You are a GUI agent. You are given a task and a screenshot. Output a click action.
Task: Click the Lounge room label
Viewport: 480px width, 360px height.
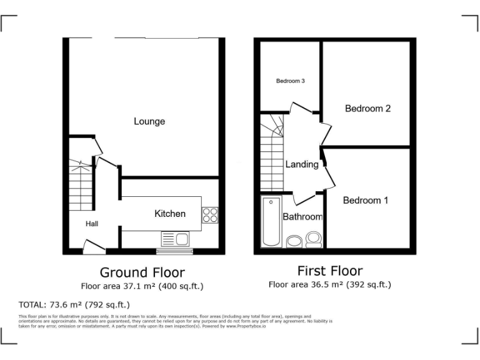pyautogui.click(x=149, y=121)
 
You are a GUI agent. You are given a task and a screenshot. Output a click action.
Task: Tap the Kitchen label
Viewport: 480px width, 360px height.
pyautogui.click(x=170, y=214)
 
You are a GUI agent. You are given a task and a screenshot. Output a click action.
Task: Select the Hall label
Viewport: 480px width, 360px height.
pyautogui.click(x=92, y=224)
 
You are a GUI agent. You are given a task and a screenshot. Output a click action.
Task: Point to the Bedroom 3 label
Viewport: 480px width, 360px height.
pyautogui.click(x=291, y=81)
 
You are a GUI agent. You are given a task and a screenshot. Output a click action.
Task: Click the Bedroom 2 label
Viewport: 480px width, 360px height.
pyautogui.click(x=368, y=109)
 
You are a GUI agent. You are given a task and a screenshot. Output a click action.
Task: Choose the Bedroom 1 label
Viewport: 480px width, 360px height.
pyautogui.click(x=366, y=201)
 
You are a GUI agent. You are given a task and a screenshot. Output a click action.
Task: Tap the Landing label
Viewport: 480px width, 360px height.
pyautogui.click(x=302, y=165)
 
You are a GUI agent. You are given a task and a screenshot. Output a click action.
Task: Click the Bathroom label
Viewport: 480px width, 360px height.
pyautogui.click(x=302, y=217)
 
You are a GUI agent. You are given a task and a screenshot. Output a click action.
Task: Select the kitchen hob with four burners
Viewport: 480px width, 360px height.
pyautogui.click(x=210, y=215)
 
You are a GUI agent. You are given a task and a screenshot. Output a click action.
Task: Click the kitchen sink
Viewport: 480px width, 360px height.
pyautogui.click(x=176, y=238)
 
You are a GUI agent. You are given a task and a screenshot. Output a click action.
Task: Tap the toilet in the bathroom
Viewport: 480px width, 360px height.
pyautogui.click(x=314, y=238)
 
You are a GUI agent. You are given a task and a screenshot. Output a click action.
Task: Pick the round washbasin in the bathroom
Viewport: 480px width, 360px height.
pyautogui.click(x=293, y=241)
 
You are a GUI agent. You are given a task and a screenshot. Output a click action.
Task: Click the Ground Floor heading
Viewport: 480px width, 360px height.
pyautogui.click(x=142, y=272)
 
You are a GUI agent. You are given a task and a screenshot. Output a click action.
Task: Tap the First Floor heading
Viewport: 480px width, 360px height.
pyautogui.click(x=329, y=271)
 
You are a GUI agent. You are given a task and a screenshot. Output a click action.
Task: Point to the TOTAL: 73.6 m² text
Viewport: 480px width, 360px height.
pyautogui.click(x=74, y=305)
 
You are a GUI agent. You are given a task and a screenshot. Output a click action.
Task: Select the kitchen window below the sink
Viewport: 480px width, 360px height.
pyautogui.click(x=175, y=252)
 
